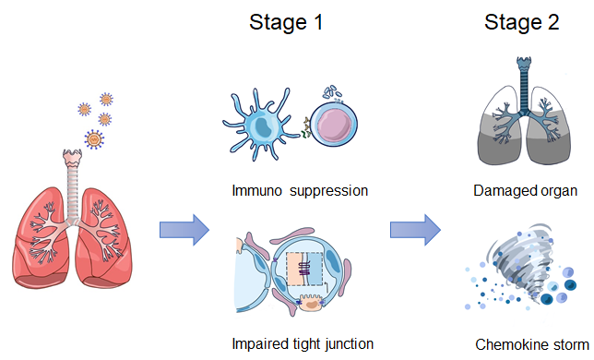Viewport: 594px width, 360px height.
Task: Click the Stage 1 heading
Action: [x=286, y=22]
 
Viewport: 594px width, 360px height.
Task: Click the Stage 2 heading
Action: [x=522, y=22]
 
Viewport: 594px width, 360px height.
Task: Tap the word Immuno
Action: [x=256, y=190]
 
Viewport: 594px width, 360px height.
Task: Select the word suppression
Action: [x=328, y=191]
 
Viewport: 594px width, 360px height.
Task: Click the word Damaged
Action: [x=500, y=191]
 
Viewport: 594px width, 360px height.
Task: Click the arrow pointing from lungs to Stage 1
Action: [x=184, y=230]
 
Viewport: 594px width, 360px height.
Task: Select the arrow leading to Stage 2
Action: [x=415, y=230]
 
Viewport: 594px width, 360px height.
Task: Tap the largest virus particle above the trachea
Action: [x=94, y=139]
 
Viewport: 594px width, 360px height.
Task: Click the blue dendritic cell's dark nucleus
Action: [x=262, y=126]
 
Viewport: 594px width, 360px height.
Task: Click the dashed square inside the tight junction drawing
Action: [x=305, y=269]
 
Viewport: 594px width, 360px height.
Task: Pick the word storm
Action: [x=570, y=345]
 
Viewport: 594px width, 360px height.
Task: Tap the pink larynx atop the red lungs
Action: [x=72, y=158]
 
